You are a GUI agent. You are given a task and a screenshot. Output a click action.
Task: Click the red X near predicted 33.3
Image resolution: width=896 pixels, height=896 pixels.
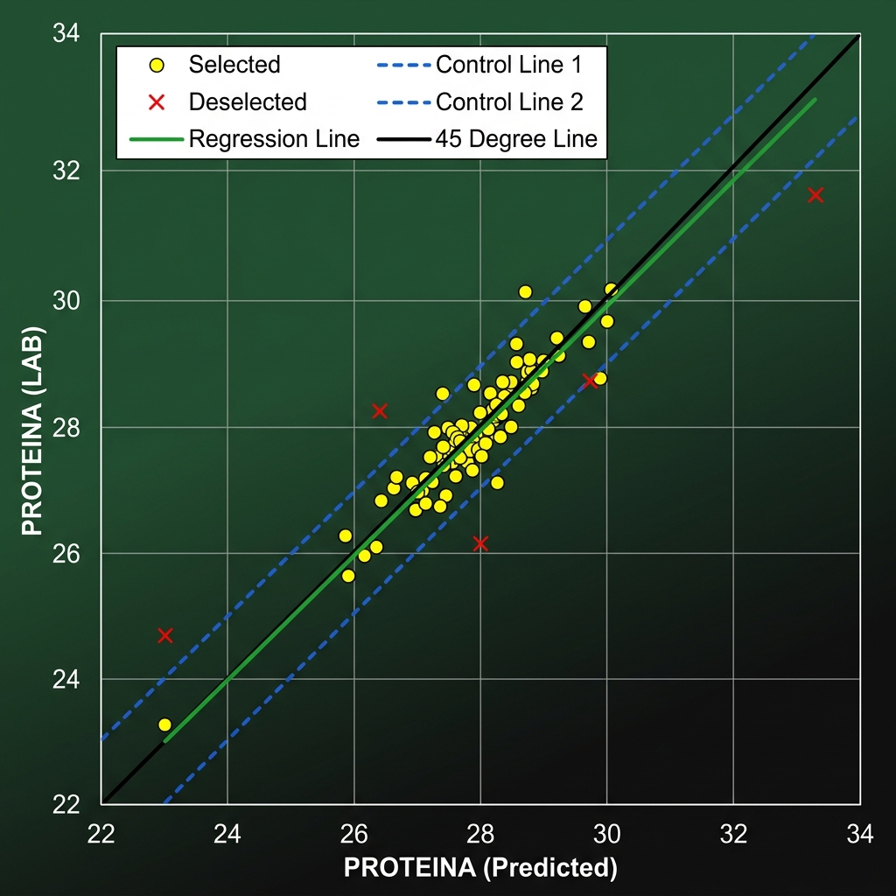815,195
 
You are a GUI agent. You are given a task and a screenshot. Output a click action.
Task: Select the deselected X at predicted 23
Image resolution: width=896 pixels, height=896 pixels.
165,635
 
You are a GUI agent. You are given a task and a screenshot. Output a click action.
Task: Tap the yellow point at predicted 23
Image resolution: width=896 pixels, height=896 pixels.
164,724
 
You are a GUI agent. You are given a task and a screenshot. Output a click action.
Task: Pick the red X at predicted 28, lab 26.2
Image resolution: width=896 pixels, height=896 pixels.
480,543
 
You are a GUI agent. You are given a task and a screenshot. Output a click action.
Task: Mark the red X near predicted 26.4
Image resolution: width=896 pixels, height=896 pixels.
380,411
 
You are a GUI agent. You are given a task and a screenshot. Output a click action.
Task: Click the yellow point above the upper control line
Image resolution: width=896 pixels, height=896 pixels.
525,292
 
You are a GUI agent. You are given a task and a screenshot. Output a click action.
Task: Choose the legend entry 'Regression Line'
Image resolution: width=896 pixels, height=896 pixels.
274,139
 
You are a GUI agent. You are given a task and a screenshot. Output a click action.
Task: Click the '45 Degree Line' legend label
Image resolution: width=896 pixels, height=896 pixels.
516,139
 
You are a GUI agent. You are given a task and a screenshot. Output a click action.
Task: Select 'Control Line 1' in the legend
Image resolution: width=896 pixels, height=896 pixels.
508,65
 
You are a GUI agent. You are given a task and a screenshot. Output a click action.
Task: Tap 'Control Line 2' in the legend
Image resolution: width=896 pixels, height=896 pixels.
509,101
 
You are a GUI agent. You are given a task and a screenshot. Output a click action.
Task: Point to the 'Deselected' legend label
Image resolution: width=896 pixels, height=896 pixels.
248,101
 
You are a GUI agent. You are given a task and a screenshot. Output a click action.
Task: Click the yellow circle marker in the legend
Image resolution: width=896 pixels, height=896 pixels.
157,65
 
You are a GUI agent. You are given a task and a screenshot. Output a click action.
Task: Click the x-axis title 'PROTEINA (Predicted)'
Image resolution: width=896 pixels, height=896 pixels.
480,867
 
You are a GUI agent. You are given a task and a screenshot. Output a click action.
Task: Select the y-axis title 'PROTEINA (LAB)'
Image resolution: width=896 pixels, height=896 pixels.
32,430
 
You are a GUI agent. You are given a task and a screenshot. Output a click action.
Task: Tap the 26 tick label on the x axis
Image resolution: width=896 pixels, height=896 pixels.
353,834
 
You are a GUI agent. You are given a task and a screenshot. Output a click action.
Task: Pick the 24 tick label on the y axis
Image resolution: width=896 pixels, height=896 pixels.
66,679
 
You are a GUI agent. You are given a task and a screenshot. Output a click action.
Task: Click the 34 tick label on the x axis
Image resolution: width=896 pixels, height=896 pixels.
860,834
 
